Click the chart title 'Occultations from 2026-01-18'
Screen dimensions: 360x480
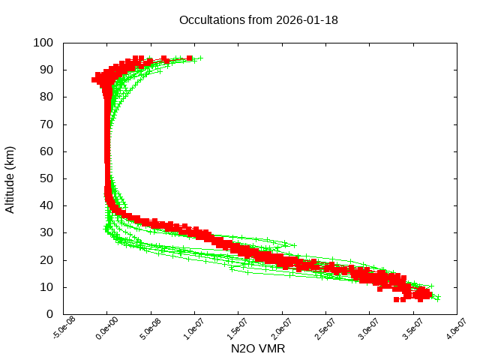(x=258, y=20)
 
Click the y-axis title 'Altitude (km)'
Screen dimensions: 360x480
(x=10, y=179)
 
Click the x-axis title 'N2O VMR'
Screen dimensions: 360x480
(x=258, y=349)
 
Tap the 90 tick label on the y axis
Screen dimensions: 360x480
(x=46, y=70)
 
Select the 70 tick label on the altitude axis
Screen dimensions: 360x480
(x=46, y=124)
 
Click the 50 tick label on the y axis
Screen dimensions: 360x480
(x=46, y=178)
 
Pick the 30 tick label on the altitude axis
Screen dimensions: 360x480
(x=46, y=233)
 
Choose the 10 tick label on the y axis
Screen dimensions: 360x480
(x=46, y=287)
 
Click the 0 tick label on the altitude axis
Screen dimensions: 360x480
(x=49, y=314)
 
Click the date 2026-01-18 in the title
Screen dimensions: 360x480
(x=307, y=20)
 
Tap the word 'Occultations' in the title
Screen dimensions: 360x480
(x=213, y=20)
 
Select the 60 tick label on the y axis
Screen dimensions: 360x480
(x=46, y=151)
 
